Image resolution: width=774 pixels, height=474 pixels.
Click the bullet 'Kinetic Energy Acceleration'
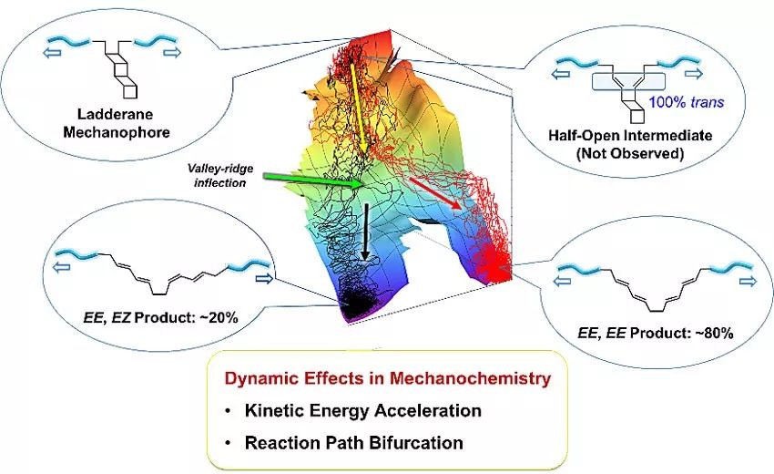(362, 410)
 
